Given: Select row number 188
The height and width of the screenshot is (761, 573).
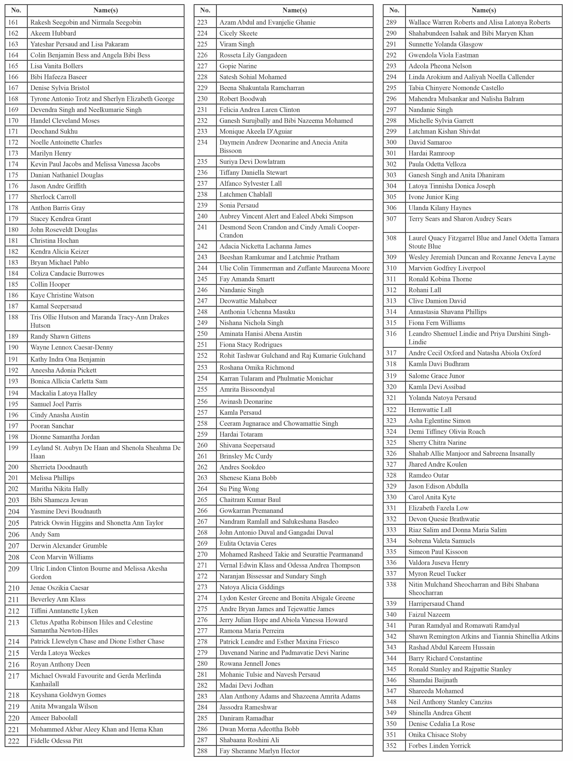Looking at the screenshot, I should click(13, 317).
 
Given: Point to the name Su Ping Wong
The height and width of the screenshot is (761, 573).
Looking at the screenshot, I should click(239, 489).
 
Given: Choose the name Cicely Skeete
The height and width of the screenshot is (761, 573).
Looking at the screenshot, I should click(238, 33).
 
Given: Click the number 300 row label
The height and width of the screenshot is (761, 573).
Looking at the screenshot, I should click(391, 142).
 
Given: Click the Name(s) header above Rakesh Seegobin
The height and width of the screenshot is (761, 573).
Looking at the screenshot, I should click(106, 10).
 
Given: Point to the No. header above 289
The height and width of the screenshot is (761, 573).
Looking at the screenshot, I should click(394, 10).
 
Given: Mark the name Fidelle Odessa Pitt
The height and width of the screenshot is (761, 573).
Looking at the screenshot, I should click(56, 741).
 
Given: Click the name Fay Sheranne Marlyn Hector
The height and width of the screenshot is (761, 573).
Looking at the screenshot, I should click(260, 751).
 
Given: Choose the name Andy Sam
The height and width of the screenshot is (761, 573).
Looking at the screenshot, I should click(45, 534).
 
